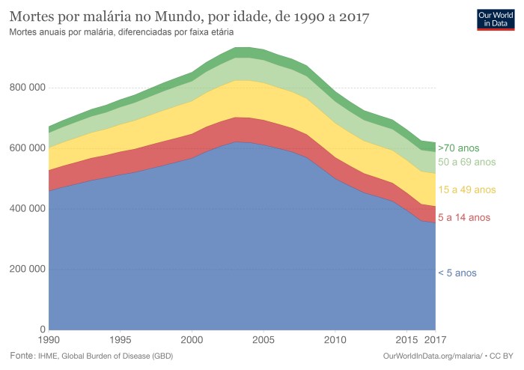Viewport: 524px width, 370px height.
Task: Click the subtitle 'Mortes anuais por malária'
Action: [x=121, y=32]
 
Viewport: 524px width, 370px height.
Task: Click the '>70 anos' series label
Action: [x=458, y=148]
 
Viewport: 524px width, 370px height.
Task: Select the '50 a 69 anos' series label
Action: [x=467, y=162]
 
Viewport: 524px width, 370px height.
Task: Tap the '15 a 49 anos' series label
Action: [x=467, y=189]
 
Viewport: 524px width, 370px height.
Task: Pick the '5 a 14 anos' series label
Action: [x=464, y=217]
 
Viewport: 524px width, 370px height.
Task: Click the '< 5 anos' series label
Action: [x=457, y=273]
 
